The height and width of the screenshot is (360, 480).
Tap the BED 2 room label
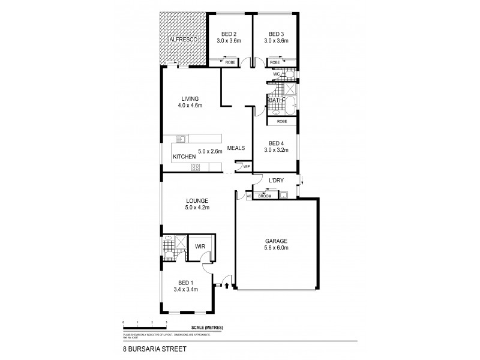coord(228,34)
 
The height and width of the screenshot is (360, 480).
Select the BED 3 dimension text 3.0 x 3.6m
coord(276,41)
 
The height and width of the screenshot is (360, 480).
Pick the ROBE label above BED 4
coord(281,121)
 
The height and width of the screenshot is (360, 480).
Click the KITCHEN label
coord(185,157)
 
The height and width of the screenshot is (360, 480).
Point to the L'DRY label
coord(276,181)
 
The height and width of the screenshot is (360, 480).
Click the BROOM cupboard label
coord(265,196)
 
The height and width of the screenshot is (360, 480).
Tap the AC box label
coord(248,196)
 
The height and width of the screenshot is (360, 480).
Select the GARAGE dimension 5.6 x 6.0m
coord(277,248)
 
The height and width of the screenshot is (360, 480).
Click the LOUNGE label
coord(197,201)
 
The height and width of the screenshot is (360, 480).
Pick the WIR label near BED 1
coord(199,245)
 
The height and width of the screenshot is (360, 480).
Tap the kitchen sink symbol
coord(178,139)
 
